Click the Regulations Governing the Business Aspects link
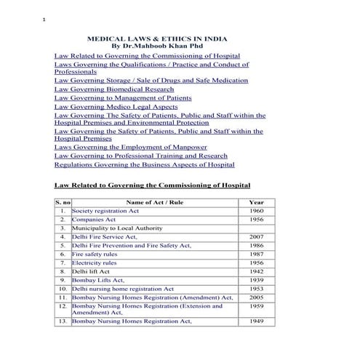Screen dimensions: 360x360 click(144, 164)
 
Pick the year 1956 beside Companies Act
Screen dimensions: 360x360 click(256, 219)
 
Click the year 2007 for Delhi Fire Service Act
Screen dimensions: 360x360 click(256, 236)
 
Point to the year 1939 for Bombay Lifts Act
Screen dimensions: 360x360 click(256, 280)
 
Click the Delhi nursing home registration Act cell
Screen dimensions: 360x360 click(122, 289)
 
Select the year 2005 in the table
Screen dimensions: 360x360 click(256, 297)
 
